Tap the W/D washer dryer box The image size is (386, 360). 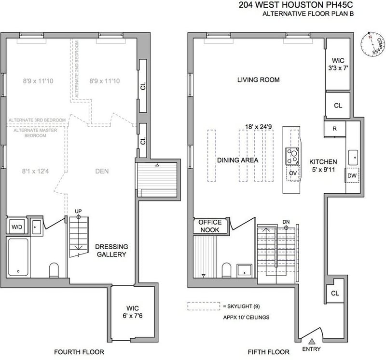point(17,227)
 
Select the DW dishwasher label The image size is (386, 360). point(352,175)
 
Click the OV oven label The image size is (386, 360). point(293,173)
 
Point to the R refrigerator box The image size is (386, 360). point(335,129)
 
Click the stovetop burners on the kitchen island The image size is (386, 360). point(292,156)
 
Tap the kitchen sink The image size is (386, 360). point(353,158)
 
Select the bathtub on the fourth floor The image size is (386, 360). point(18,257)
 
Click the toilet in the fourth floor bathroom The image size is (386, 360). point(54,270)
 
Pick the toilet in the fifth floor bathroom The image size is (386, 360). point(226,270)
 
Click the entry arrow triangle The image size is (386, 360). point(312,341)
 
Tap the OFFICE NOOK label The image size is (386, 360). point(210,226)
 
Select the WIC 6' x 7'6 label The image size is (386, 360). point(132,312)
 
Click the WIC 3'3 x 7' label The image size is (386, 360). point(338,64)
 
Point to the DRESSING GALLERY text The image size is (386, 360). point(111,250)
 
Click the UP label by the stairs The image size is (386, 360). point(78,211)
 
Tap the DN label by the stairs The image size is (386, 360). point(286,222)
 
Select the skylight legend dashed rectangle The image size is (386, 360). point(204,306)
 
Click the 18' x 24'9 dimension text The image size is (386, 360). point(259,127)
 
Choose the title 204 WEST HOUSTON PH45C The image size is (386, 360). point(296,5)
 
